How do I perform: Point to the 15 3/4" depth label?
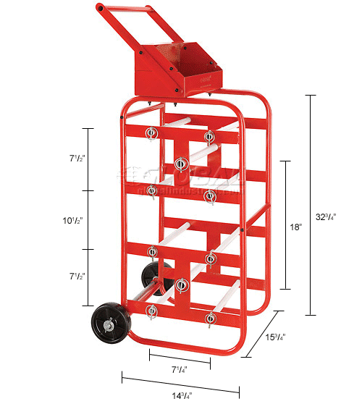[x=274, y=337]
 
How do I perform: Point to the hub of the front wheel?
[x=107, y=327]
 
